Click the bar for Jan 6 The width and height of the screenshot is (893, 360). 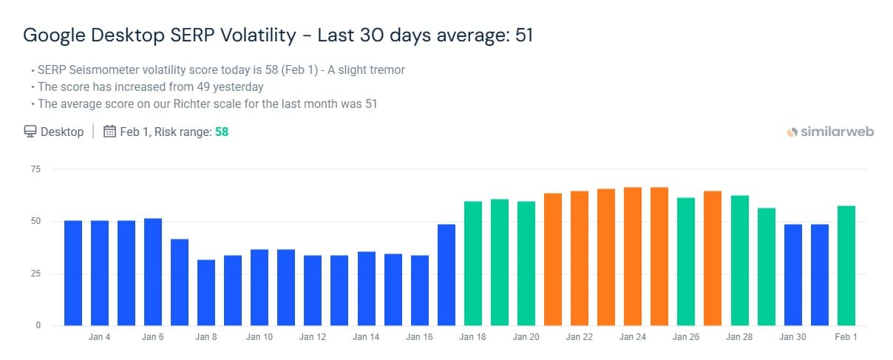(153, 271)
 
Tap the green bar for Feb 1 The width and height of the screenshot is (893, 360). (846, 265)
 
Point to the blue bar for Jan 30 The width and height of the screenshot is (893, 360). (793, 274)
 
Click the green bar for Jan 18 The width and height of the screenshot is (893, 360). (473, 262)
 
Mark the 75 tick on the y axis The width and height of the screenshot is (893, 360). (36, 170)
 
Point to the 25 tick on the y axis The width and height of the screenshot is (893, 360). (36, 274)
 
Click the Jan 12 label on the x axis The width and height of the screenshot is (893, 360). (313, 338)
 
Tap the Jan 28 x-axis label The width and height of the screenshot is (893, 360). (738, 338)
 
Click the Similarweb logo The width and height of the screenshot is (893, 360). (830, 132)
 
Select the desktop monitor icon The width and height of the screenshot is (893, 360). (30, 132)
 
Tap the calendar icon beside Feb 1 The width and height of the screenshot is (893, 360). (109, 132)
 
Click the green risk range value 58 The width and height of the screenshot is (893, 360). (222, 132)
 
